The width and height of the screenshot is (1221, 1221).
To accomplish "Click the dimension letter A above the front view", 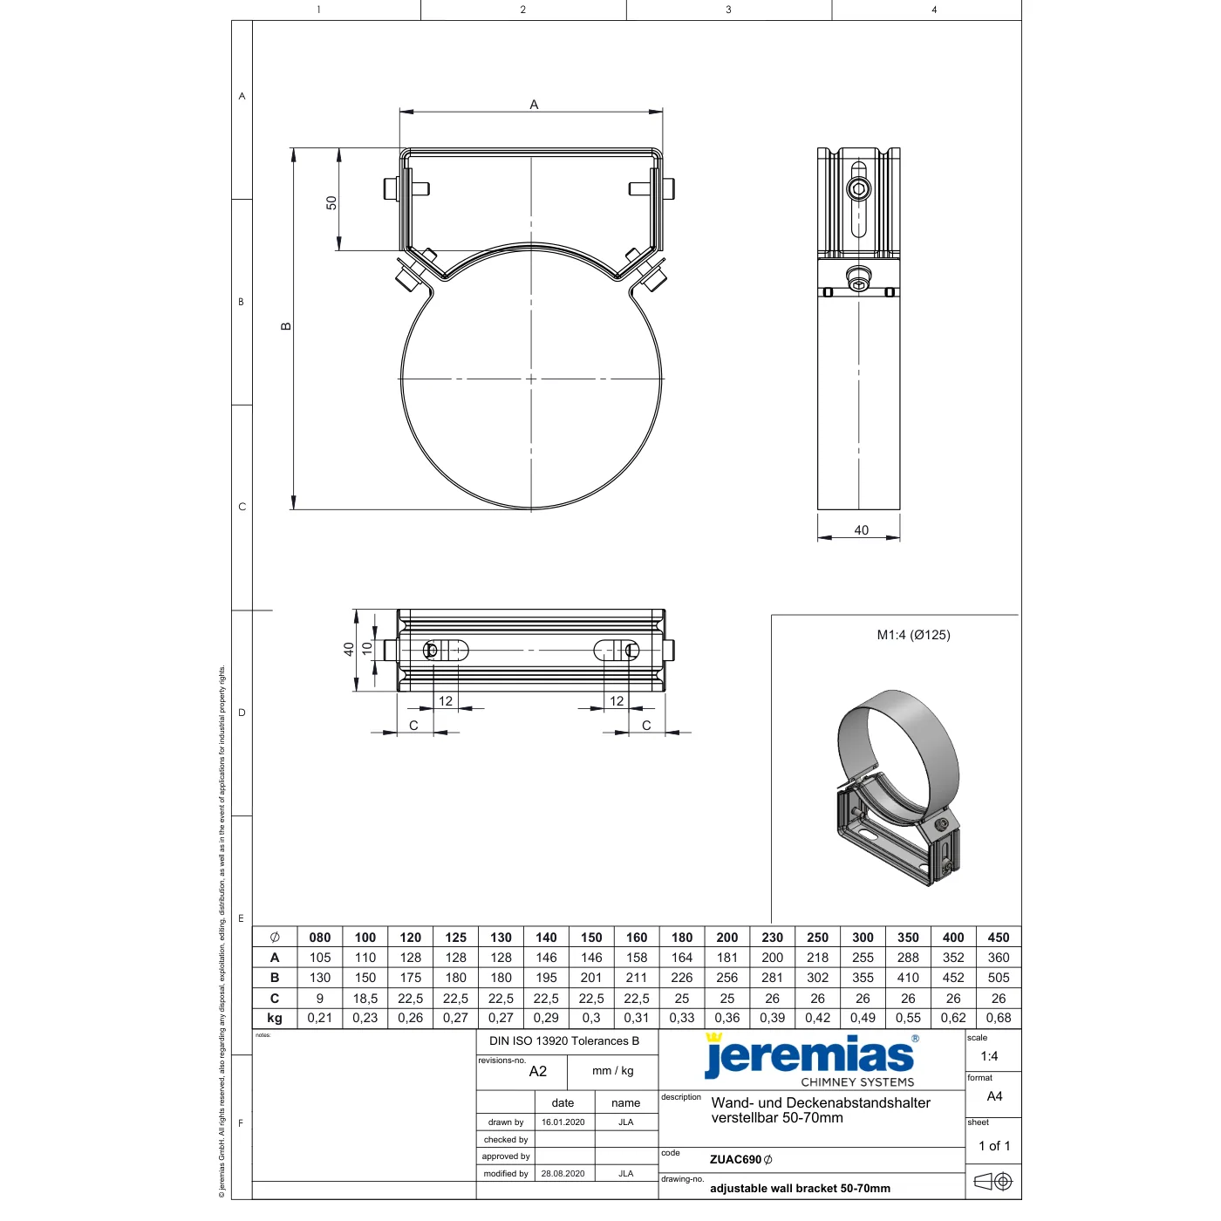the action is (534, 105).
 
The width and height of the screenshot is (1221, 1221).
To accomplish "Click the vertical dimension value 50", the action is (331, 202).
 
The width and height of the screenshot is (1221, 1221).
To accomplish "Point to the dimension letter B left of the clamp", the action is (286, 326).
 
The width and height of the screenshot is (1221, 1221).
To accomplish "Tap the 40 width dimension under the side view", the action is (861, 529).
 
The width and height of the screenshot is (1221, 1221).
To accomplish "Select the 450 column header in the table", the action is (998, 938).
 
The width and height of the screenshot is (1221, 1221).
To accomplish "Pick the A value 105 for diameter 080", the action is (320, 958).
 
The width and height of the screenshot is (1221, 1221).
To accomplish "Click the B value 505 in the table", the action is (998, 978).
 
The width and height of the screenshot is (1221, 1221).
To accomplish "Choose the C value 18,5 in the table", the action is (365, 999).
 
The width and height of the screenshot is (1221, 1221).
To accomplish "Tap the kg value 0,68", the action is (998, 1019).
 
